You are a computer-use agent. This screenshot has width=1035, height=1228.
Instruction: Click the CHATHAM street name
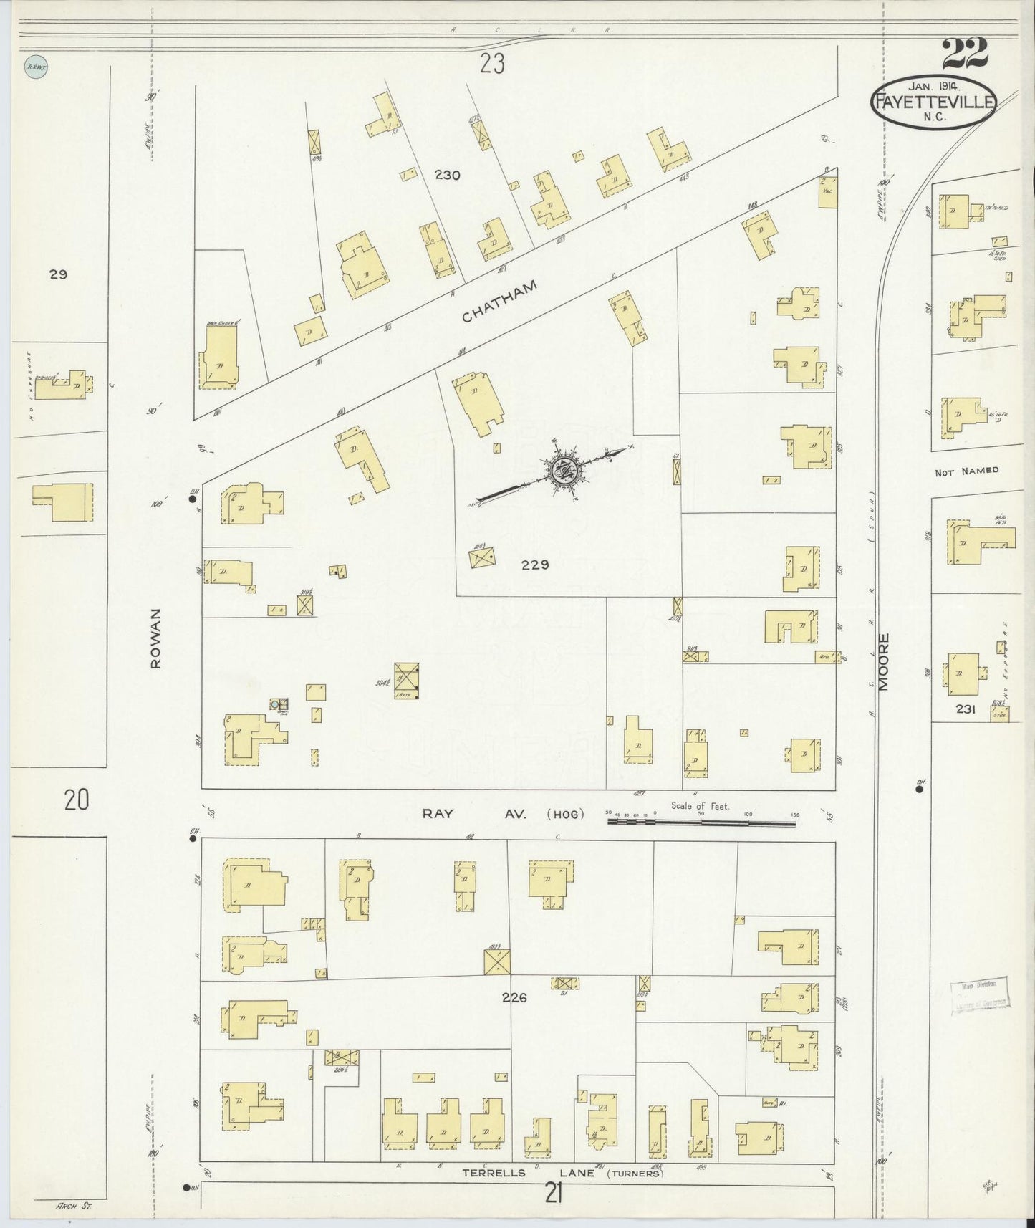click(x=499, y=302)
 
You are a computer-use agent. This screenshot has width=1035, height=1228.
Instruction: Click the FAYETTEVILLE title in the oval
click(x=933, y=102)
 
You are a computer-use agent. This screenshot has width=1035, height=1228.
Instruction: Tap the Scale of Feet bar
click(x=702, y=822)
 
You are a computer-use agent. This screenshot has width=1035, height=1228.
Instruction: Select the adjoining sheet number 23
click(x=493, y=65)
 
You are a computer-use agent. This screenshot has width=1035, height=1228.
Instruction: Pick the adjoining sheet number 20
click(x=77, y=800)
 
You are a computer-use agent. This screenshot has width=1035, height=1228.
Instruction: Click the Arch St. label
click(x=74, y=1206)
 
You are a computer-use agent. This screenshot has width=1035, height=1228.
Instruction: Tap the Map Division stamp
click(x=979, y=995)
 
